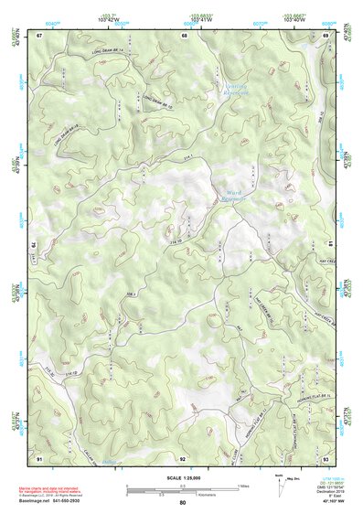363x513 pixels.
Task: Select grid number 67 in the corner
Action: (x=40, y=35)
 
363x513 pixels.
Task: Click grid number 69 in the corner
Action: (x=325, y=35)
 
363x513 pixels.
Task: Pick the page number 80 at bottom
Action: (x=182, y=504)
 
